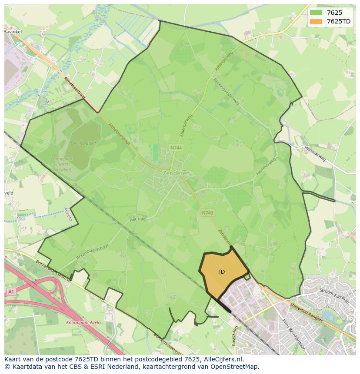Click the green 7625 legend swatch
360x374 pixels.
pos(316,13)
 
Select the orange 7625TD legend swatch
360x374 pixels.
pos(316,21)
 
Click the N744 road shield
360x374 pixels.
pos(176,148)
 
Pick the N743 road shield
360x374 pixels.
pos(207,212)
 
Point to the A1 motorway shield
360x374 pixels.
pos(11,292)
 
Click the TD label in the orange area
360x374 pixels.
pos(221,272)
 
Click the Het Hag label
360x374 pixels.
pos(137,219)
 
